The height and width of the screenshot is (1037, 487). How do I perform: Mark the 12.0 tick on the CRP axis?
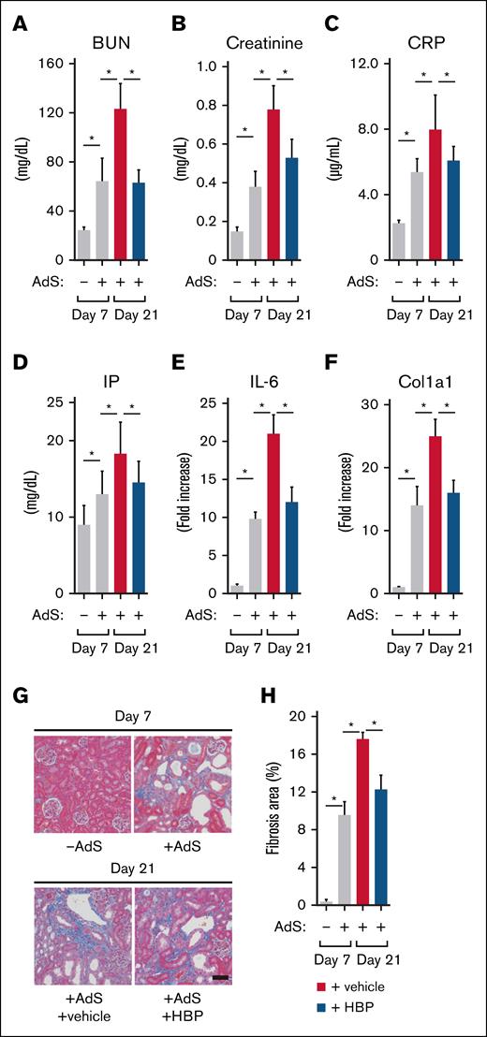pos(366,64)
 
